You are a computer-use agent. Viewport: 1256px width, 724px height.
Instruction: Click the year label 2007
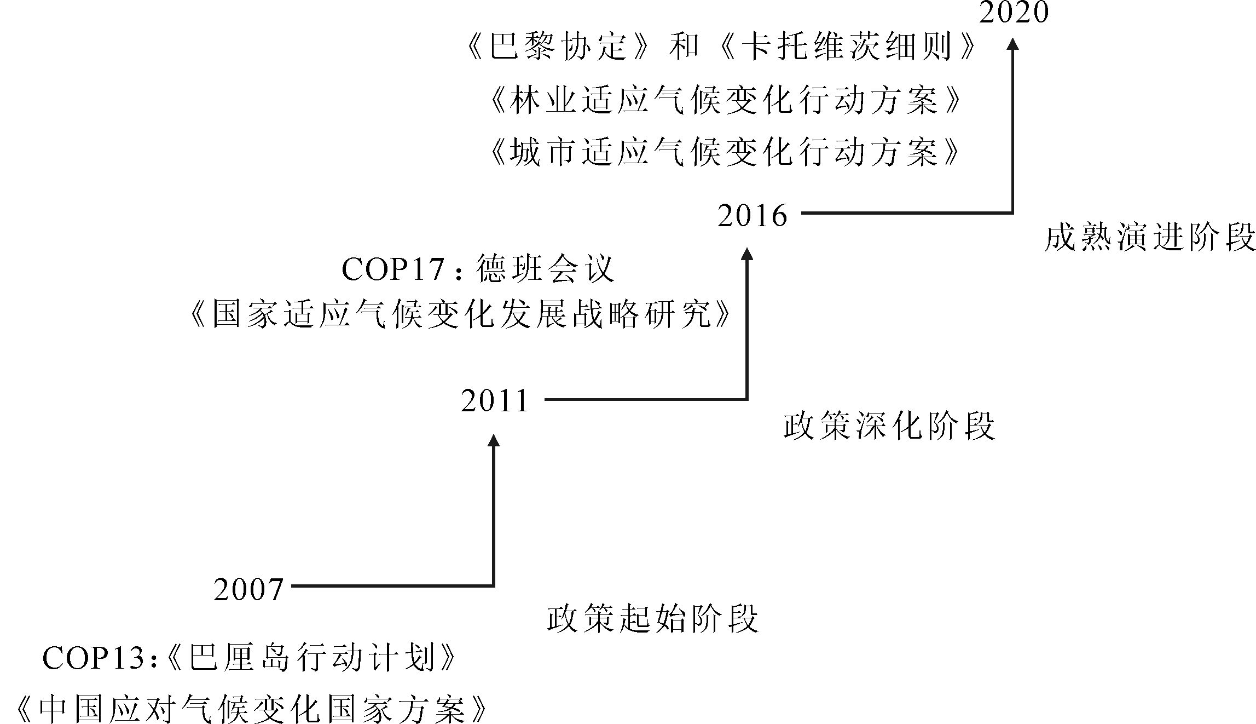(x=248, y=590)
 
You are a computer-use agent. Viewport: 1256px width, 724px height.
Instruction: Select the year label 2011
(x=495, y=401)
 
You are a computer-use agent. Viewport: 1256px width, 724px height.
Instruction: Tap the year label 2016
(x=753, y=215)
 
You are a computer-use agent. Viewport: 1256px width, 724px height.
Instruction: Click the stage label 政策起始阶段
(x=653, y=619)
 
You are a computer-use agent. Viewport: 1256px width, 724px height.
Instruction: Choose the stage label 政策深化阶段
(x=889, y=426)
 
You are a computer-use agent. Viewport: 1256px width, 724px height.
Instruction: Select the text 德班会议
(x=546, y=269)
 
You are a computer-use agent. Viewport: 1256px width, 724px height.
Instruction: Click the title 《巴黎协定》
(x=555, y=45)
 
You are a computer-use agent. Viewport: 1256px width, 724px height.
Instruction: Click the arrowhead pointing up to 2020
(x=1013, y=44)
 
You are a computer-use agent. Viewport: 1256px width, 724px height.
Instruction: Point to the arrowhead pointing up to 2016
(x=747, y=254)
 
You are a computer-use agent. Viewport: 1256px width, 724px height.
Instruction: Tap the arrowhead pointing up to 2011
(x=494, y=440)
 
